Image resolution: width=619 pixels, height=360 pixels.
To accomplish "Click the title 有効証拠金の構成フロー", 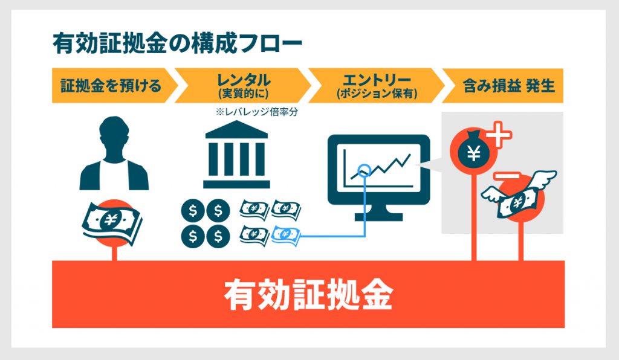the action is (x=177, y=43).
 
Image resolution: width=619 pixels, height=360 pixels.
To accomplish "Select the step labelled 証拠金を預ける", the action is (x=111, y=86).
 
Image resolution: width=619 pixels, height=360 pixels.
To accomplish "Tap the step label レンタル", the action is (x=244, y=80).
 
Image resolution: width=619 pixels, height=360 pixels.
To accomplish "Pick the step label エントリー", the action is (x=377, y=80).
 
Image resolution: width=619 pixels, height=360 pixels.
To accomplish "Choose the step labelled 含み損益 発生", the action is (x=509, y=86).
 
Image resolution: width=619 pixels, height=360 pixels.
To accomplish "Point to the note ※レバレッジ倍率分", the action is (x=256, y=112).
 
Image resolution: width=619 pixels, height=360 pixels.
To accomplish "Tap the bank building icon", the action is (x=236, y=154).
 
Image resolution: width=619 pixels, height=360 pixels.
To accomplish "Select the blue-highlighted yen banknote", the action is (x=286, y=235).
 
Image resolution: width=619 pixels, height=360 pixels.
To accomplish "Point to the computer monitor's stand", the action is (x=378, y=213).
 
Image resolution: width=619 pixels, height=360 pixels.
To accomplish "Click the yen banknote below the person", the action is (x=112, y=222).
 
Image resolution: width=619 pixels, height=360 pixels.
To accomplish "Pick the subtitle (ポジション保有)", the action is (x=377, y=94).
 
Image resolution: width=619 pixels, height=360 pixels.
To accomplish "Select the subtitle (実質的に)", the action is (x=244, y=94).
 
